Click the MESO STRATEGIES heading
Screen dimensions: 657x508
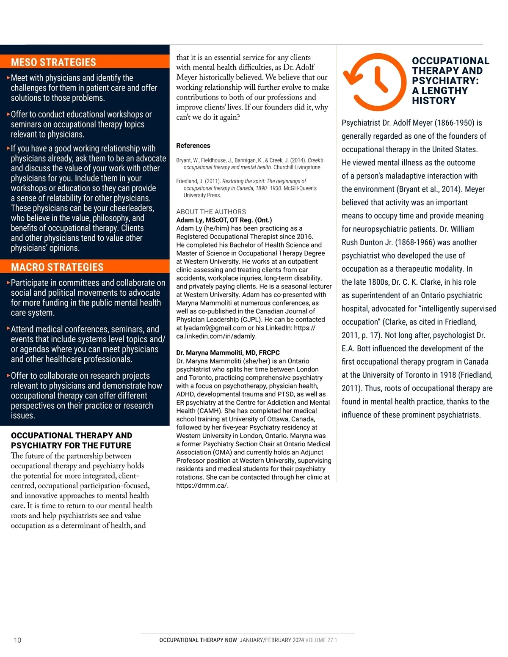(53, 62)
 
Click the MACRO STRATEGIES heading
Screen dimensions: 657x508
(57, 267)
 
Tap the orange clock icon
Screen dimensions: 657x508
(375, 82)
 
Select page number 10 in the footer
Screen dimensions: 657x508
(17, 640)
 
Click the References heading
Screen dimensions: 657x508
(193, 146)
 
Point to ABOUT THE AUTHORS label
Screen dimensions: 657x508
(211, 212)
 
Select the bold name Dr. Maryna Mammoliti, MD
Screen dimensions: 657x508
(228, 353)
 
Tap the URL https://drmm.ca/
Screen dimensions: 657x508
(202, 485)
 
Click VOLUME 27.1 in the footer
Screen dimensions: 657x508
(321, 640)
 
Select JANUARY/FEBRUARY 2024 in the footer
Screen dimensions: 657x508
(271, 640)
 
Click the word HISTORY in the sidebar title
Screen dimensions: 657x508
(434, 101)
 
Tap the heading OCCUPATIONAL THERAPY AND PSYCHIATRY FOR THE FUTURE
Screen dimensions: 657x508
(72, 440)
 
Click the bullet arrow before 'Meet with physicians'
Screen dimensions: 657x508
(8, 78)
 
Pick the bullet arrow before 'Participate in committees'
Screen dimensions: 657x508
(8, 283)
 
